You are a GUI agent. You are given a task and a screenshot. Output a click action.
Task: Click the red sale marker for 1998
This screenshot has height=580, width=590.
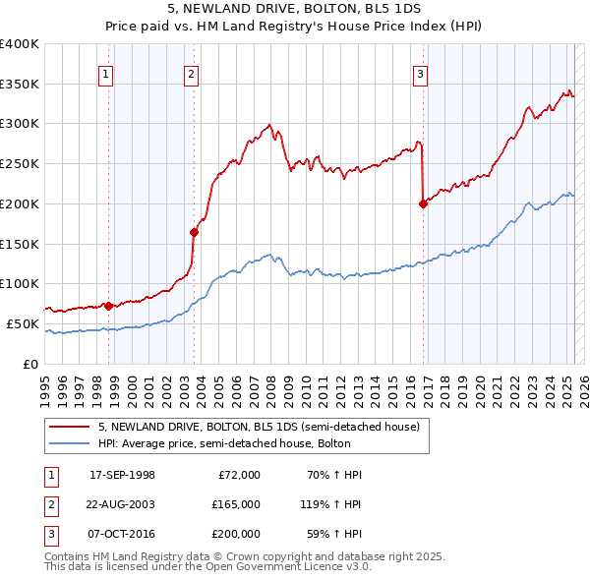click(x=108, y=306)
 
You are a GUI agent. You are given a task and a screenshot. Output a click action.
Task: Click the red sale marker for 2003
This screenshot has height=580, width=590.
click(x=194, y=232)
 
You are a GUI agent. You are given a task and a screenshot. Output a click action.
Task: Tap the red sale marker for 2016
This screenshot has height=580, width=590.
click(x=423, y=204)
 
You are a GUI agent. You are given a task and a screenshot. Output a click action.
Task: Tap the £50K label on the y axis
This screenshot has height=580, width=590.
click(x=24, y=323)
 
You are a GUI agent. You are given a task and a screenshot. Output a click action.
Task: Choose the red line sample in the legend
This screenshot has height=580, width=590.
click(x=71, y=427)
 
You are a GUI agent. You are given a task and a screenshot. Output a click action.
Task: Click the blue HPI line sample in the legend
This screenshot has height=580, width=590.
click(x=71, y=443)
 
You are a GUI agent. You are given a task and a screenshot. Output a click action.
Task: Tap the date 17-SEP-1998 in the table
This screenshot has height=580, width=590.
click(x=121, y=475)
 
